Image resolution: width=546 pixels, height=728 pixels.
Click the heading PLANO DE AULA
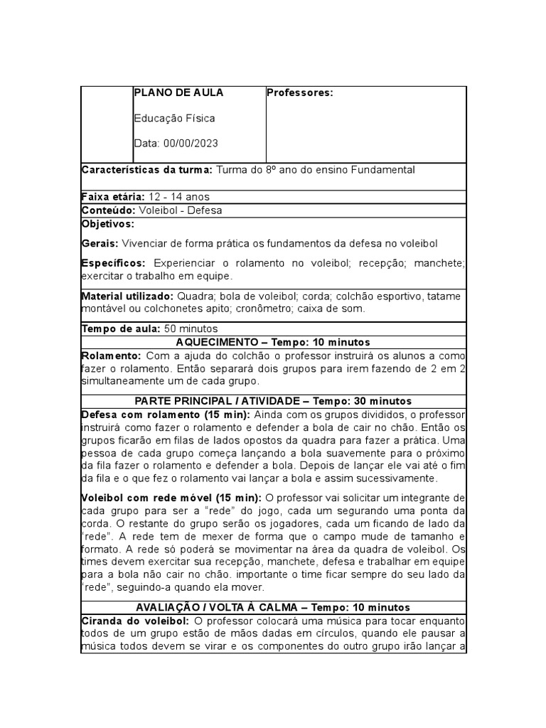click(178, 92)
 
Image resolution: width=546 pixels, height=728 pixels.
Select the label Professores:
click(299, 92)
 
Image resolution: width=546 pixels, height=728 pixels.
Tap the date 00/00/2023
click(191, 144)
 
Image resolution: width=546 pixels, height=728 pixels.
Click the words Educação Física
click(174, 118)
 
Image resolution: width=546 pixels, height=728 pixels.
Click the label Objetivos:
click(108, 223)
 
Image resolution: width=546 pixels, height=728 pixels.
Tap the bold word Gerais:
click(100, 243)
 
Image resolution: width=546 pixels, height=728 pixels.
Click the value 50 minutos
click(191, 328)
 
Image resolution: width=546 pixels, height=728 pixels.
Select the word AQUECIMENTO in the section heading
click(213, 342)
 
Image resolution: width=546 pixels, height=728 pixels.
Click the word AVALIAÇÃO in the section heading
click(164, 608)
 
